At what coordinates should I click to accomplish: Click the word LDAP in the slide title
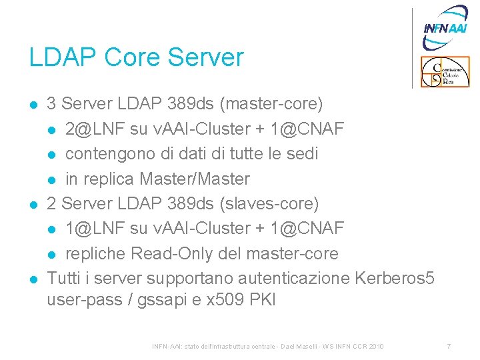pyautogui.click(x=59, y=57)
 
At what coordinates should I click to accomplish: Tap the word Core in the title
pyautogui.click(x=126, y=57)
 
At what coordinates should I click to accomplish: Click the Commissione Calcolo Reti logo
pyautogui.click(x=445, y=72)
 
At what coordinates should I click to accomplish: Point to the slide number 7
pyautogui.click(x=449, y=347)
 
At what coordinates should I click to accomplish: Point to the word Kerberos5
pyautogui.click(x=395, y=277)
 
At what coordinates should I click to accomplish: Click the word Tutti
pyautogui.click(x=63, y=277)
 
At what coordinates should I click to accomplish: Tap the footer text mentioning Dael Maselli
pyautogui.click(x=269, y=347)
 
